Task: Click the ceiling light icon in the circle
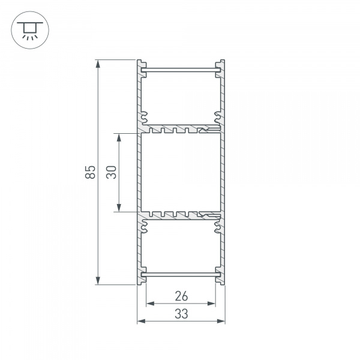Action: point(26,28)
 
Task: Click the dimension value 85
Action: point(90,172)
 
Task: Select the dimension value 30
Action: point(111,172)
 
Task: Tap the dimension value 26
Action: point(181,295)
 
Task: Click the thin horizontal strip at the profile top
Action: point(181,72)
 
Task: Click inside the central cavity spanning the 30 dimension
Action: point(181,172)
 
